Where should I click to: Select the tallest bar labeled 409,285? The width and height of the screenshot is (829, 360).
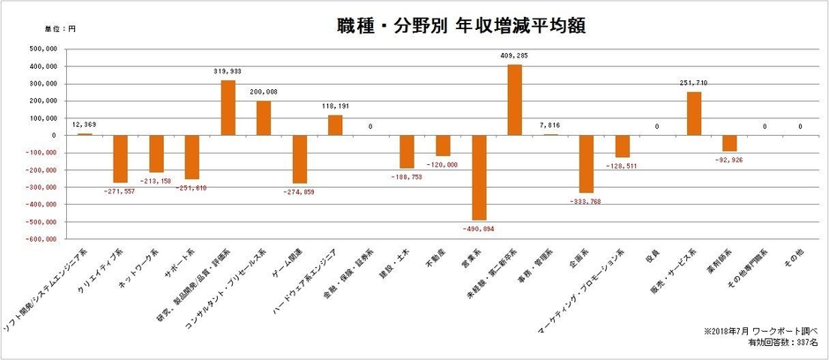515,100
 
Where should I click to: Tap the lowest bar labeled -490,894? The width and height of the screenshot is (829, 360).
479,177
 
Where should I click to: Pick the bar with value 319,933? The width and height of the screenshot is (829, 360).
228,108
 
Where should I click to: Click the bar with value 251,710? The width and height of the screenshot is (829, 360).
694,113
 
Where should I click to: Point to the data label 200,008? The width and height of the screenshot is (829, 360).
264,91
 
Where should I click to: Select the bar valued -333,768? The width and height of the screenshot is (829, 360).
586,164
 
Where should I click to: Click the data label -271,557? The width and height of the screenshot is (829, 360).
120,191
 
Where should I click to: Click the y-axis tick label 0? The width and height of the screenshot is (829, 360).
55,135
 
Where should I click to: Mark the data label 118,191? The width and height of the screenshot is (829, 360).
335,106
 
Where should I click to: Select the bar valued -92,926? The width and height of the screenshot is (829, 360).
729,144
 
